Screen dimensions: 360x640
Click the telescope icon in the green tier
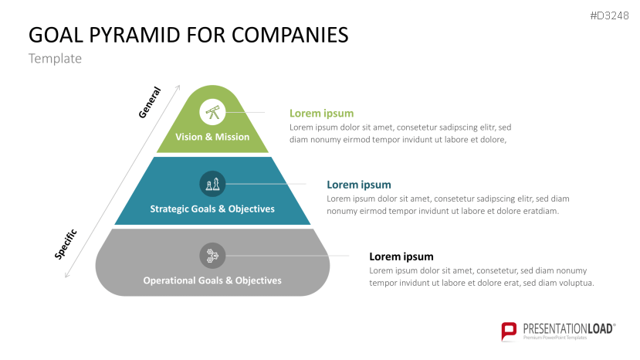212,112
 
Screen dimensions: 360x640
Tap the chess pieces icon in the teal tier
212,184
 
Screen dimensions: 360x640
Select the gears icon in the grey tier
212,255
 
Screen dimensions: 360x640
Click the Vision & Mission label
212,137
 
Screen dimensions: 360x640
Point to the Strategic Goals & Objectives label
212,209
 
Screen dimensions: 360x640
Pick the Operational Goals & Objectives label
212,280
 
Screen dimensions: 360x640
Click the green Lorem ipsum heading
321,114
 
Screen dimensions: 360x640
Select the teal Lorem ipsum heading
359,185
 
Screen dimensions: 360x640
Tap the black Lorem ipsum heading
401,256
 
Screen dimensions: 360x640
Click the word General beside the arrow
149,102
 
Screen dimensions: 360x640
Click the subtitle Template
55,59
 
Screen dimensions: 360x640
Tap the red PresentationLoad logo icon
509,331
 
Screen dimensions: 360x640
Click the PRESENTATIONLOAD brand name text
567,328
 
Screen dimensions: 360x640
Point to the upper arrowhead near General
178,87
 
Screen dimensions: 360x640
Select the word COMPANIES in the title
290,35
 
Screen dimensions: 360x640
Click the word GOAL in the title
52,35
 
